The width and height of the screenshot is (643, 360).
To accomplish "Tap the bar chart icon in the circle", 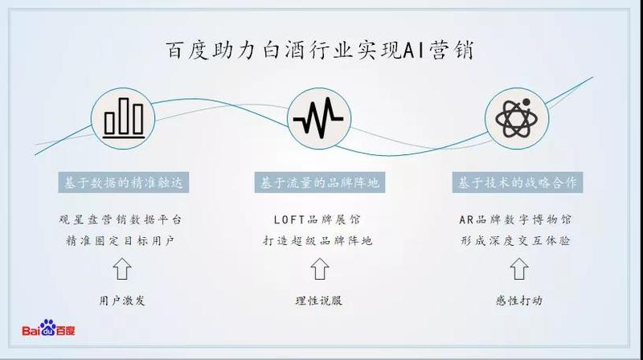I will tap(123, 119).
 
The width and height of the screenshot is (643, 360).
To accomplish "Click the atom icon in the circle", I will tap(517, 119).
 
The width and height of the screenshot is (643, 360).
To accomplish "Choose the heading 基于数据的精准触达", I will tap(123, 182).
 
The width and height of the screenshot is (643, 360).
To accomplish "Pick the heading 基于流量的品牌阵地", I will tap(320, 182).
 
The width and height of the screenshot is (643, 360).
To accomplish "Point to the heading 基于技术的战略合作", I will tap(517, 182).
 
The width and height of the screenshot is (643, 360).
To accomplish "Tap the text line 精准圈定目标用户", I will tap(123, 240).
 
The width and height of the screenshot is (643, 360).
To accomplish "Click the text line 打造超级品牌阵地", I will tap(320, 240).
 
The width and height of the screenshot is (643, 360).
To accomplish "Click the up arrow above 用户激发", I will tap(123, 269).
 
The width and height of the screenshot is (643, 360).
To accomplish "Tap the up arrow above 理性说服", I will tap(320, 269).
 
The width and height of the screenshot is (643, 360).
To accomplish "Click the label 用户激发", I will tap(123, 301).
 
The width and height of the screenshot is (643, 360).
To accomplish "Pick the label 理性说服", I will tap(320, 301).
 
